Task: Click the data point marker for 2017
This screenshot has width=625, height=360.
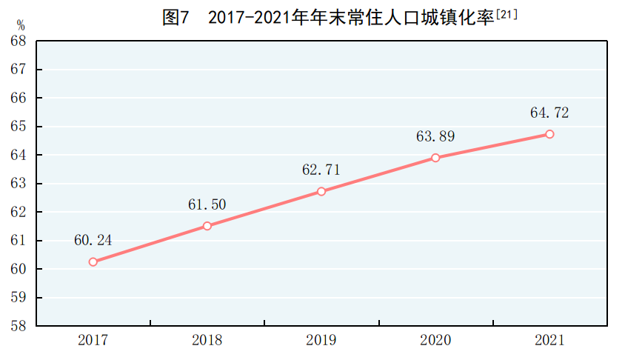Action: (93, 261)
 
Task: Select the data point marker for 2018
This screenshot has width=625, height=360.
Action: (207, 226)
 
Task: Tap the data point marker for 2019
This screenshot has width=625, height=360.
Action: (321, 191)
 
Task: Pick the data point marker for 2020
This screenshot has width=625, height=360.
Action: (435, 158)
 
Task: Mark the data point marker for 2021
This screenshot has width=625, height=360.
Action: (549, 134)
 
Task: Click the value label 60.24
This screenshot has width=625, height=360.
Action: (93, 240)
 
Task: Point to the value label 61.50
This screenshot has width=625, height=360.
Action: (207, 204)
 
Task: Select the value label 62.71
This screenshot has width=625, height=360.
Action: (321, 170)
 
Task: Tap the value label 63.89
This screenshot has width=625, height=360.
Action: (435, 136)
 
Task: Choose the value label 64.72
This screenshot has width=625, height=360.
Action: (549, 113)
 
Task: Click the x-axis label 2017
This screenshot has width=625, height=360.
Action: (93, 341)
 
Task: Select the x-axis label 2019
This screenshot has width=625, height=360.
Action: (321, 341)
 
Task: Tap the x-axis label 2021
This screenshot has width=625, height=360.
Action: (549, 341)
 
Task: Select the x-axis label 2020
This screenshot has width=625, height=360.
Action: (435, 341)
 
